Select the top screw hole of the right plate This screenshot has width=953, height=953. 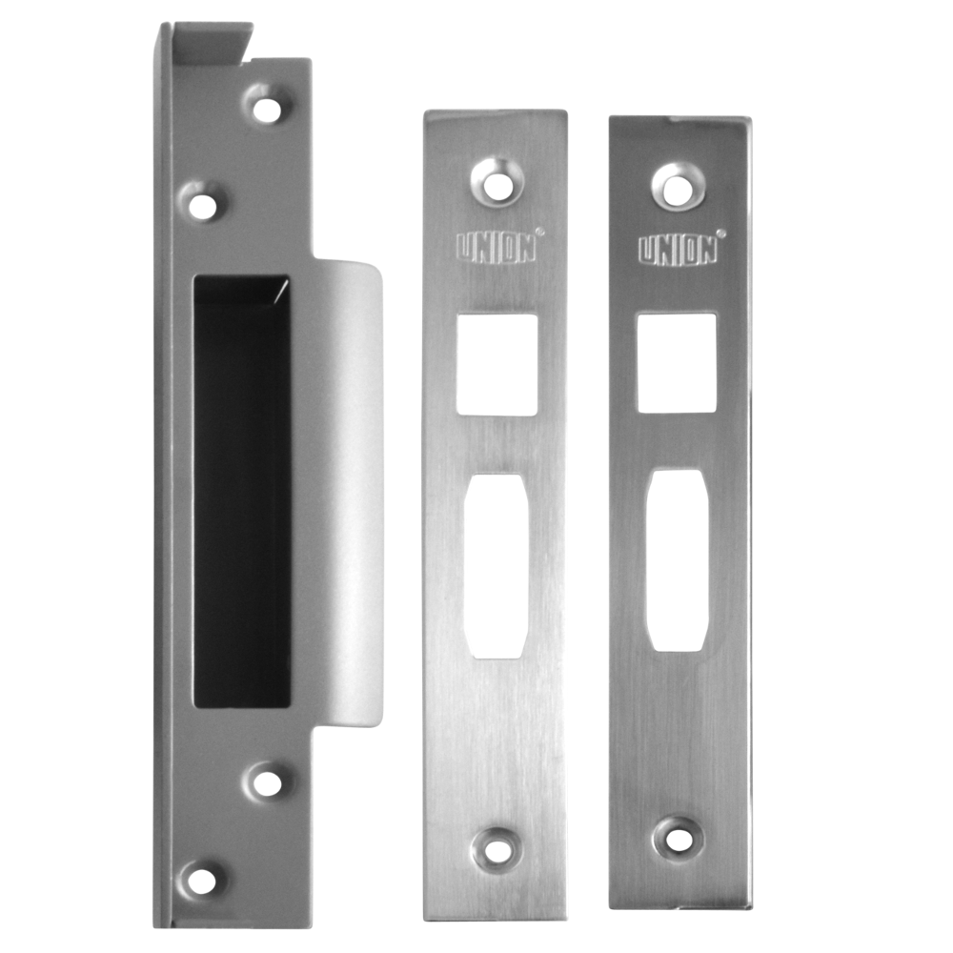[676, 184]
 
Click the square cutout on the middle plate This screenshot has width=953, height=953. [497, 365]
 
